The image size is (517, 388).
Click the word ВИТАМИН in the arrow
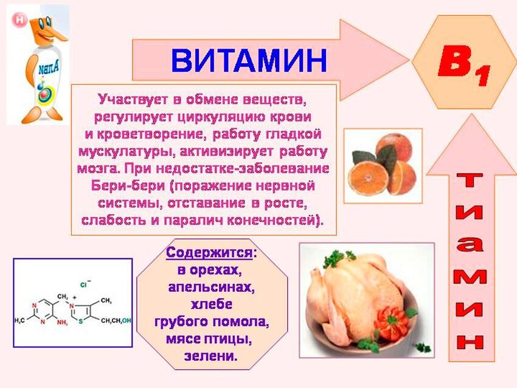point(249,61)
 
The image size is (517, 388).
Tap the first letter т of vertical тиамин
point(470,181)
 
